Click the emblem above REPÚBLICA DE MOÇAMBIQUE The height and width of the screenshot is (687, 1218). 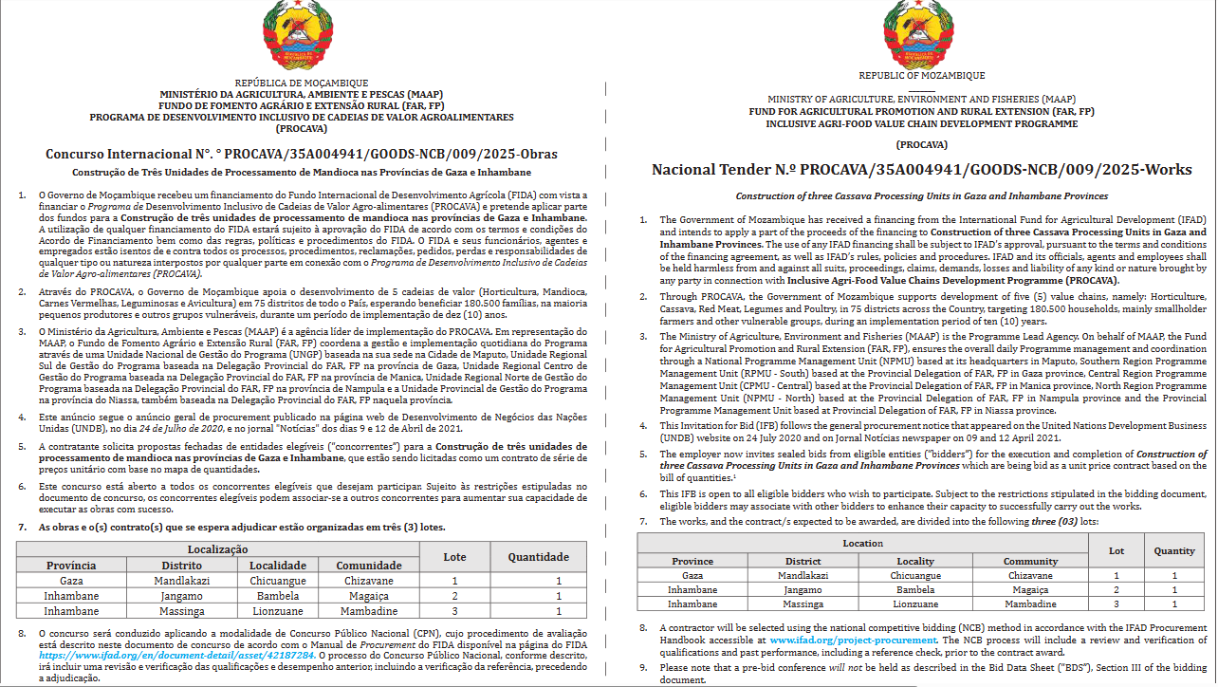click(301, 34)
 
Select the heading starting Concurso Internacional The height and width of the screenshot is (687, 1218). click(302, 154)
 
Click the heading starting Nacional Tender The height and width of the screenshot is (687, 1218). click(921, 170)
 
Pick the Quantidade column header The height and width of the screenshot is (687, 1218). click(538, 557)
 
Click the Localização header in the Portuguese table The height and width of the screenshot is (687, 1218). click(217, 549)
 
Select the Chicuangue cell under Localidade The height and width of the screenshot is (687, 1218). click(277, 581)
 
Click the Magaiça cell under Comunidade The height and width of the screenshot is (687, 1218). click(367, 596)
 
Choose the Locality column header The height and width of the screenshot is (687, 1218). click(915, 561)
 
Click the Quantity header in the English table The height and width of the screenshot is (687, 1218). click(1174, 550)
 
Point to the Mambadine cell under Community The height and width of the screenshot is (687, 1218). click(1030, 603)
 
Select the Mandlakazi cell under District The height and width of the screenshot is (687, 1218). click(803, 575)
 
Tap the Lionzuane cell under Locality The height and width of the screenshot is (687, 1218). click(915, 603)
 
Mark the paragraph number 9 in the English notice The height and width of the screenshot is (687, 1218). click(642, 667)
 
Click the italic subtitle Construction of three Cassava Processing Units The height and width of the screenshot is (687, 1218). click(921, 195)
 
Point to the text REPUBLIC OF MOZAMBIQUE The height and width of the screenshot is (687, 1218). click(921, 76)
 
